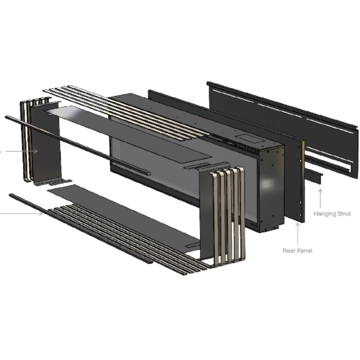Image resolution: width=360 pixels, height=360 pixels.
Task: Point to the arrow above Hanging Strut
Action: click(x=320, y=198)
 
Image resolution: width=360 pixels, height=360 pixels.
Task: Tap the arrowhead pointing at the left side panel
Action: click(x=35, y=151)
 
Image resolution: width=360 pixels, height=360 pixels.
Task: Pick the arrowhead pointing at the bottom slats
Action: click(x=41, y=214)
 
